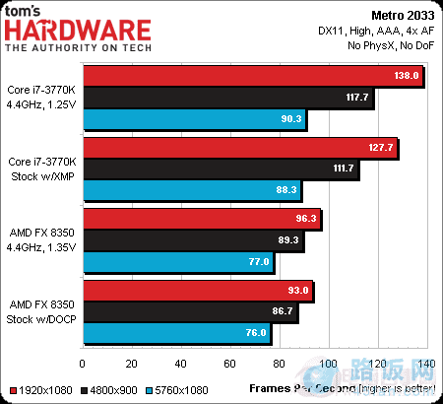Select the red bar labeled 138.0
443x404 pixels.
pos(254,75)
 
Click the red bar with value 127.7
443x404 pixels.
pos(241,147)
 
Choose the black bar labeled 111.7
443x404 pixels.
pos(221,168)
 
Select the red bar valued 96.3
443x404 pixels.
pos(203,218)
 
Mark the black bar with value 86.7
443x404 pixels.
pos(191,311)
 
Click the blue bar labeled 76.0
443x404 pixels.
pos(178,333)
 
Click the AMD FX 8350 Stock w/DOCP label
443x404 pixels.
pos(42,311)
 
